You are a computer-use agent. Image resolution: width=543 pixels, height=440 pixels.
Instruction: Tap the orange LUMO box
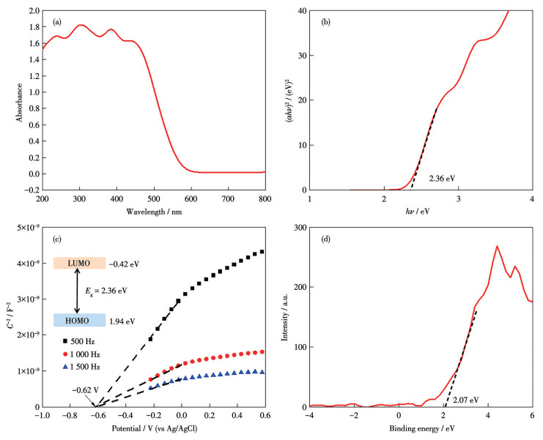80,263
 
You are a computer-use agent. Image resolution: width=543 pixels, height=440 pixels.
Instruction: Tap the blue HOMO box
80,320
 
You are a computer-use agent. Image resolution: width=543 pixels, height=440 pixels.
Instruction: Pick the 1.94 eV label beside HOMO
122,321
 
